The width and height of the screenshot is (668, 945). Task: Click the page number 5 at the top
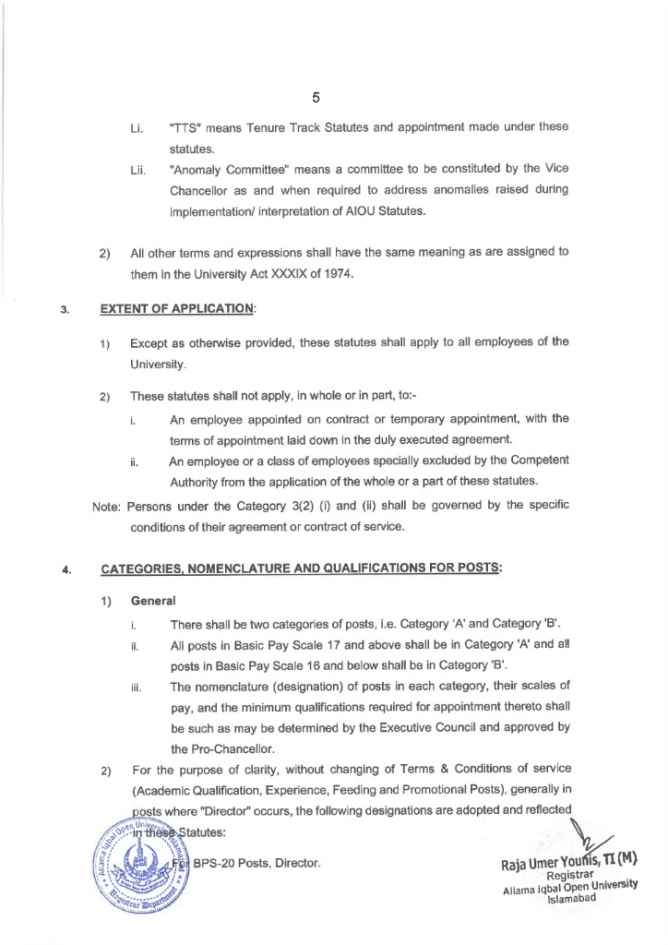[x=316, y=97]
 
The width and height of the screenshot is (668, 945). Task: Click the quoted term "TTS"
[x=187, y=126]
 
